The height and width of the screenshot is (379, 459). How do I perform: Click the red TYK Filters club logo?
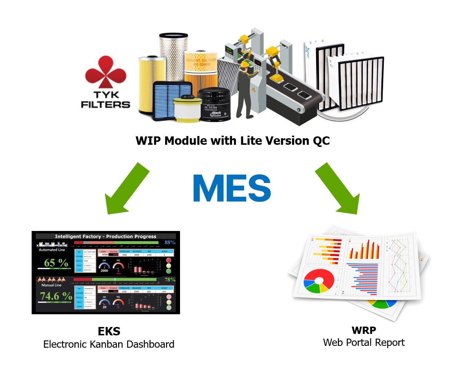105,72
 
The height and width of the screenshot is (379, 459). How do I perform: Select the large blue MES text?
232,188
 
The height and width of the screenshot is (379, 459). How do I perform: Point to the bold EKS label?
109,331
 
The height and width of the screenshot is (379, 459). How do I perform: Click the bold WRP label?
364,330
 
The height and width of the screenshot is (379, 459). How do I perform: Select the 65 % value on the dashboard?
56,263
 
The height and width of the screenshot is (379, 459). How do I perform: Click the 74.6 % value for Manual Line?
56,296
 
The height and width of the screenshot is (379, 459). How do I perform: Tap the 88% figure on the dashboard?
170,242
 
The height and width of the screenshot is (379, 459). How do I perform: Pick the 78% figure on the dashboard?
170,280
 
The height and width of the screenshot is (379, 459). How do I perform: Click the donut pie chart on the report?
319,281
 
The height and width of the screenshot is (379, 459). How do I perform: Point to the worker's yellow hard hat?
245,64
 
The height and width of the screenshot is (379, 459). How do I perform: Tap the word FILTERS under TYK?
105,105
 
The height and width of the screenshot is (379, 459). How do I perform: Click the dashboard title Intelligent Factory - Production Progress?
105,236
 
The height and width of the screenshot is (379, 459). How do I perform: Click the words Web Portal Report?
364,343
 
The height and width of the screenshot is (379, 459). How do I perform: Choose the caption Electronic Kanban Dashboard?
109,344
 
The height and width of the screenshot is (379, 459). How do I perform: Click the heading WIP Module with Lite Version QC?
232,141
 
